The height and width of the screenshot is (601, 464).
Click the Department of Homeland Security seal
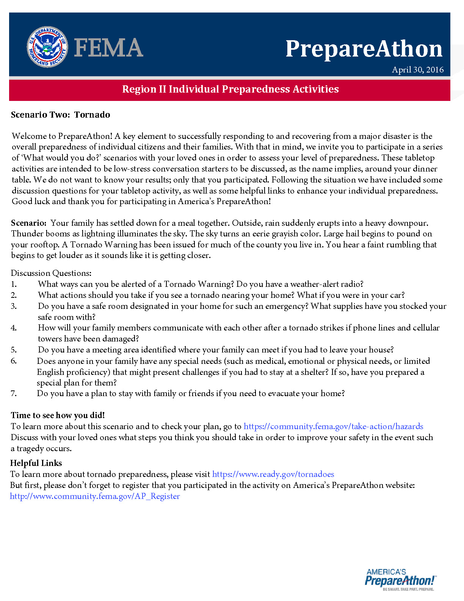tap(47, 47)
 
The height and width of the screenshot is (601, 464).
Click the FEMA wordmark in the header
tap(108, 48)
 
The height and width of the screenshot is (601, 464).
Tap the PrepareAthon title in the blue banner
tap(364, 49)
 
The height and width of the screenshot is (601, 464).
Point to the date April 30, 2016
tap(417, 70)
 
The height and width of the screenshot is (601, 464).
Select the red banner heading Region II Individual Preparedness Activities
tap(230, 89)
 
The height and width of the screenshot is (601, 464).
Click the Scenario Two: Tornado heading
tap(61, 115)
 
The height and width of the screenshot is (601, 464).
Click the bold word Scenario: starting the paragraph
tap(29, 223)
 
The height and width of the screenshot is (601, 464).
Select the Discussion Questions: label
tap(51, 273)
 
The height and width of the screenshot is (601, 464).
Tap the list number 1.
tap(14, 284)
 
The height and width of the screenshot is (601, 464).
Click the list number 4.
tap(14, 328)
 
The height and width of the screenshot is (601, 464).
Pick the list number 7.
tap(14, 393)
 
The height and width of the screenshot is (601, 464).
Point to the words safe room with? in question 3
tap(67, 317)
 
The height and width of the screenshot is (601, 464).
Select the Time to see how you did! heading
tap(58, 415)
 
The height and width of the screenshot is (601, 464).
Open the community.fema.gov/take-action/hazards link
tap(333, 426)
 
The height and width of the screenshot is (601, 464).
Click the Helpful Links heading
tap(36, 463)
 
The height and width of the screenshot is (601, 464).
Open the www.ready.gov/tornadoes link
tap(273, 474)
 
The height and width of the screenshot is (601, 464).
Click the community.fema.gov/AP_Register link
tap(95, 496)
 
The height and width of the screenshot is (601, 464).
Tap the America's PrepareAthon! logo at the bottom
tap(400, 579)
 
